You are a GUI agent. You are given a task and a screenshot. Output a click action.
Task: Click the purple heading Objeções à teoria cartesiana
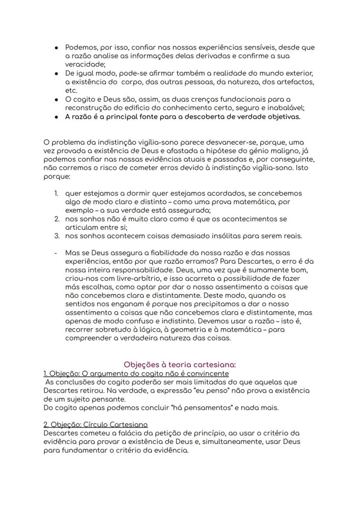coord(180,365)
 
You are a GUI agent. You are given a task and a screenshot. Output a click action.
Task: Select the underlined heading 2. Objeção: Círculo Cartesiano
coord(95,425)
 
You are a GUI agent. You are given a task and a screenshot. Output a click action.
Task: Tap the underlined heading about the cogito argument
coord(136,373)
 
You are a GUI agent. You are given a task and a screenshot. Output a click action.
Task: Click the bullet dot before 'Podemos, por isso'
coord(57,47)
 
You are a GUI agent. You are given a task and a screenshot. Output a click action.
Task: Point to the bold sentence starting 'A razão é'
coord(183,116)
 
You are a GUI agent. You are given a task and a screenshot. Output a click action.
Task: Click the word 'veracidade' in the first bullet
coord(83,64)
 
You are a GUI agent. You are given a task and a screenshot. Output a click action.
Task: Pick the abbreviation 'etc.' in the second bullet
coord(71,90)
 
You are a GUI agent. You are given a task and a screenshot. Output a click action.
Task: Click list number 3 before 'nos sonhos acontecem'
coord(57,236)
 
